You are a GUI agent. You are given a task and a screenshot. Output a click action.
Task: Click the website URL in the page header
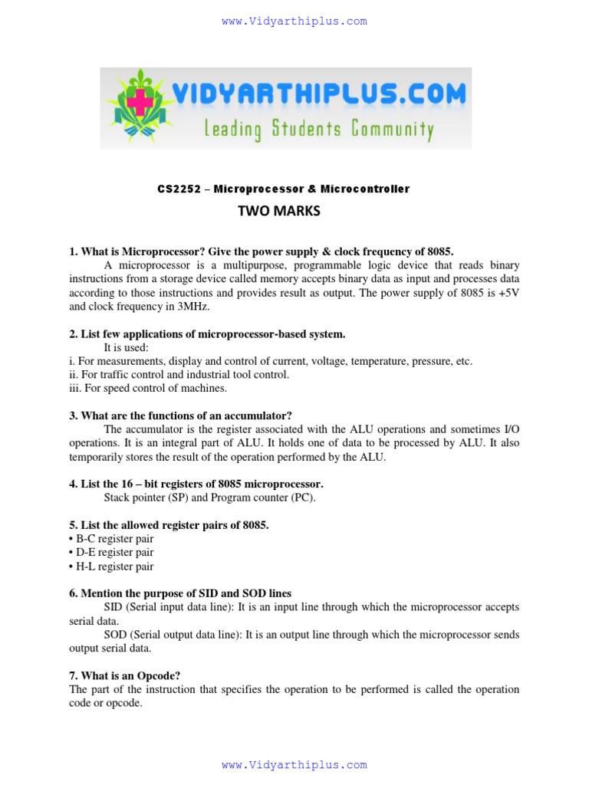click(294, 21)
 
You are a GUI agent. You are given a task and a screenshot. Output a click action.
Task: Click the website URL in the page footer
click(294, 764)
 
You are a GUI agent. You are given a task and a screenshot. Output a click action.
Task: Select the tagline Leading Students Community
click(318, 129)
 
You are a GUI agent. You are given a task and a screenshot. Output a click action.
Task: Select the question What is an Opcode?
click(124, 675)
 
